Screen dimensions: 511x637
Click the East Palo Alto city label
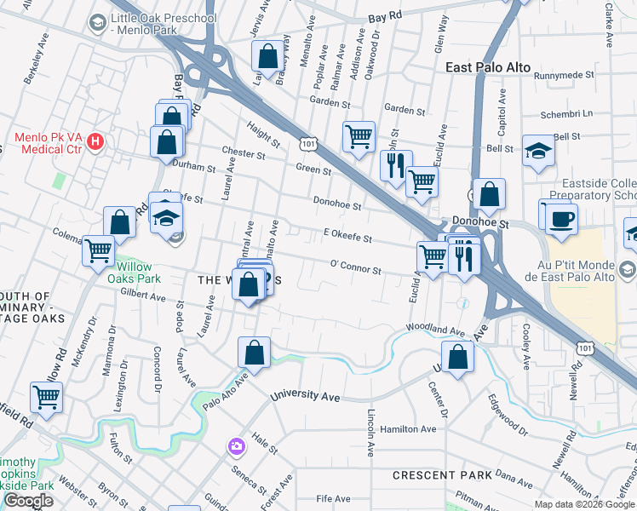click(488, 67)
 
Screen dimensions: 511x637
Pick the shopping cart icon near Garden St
click(359, 135)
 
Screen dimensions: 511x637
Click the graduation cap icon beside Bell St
click(537, 152)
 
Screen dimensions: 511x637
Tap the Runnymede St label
click(564, 76)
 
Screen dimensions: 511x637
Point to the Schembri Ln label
click(566, 114)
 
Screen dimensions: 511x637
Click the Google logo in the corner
click(28, 501)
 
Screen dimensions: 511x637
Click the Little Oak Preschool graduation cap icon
click(97, 22)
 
